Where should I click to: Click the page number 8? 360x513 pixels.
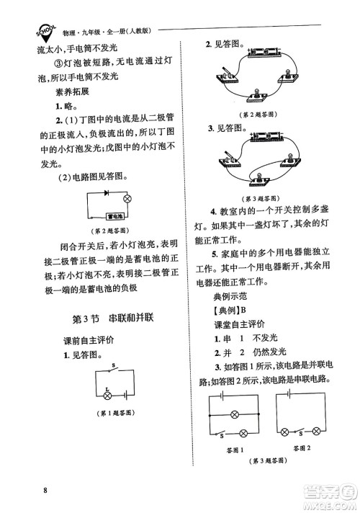pos(45,491)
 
